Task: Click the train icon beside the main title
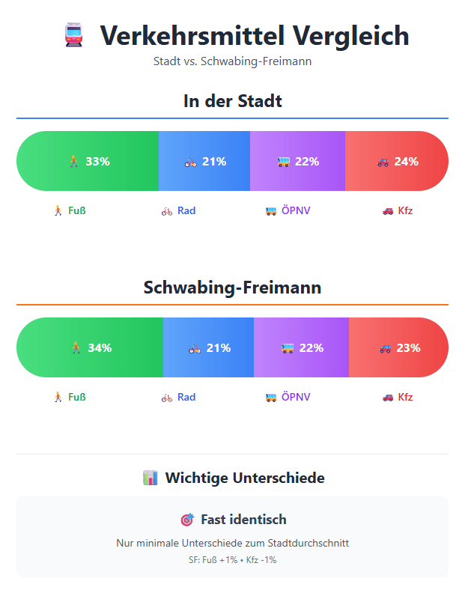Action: click(73, 36)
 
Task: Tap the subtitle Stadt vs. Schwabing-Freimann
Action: click(232, 61)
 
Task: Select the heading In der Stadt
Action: click(232, 100)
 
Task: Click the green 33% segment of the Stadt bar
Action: click(88, 161)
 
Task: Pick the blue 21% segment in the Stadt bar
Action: click(204, 161)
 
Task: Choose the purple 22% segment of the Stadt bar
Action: click(297, 161)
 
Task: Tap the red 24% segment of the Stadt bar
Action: click(397, 161)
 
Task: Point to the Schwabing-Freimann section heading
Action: click(232, 288)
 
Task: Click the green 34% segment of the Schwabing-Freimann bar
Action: click(90, 347)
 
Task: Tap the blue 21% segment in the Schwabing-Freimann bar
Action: click(209, 347)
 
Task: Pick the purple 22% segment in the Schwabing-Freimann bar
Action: click(302, 347)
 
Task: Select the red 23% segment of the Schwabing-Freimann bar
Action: click(399, 347)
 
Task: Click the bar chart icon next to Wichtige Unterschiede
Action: click(150, 478)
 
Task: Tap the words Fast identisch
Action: click(243, 520)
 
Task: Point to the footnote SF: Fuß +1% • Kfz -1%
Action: click(232, 560)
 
